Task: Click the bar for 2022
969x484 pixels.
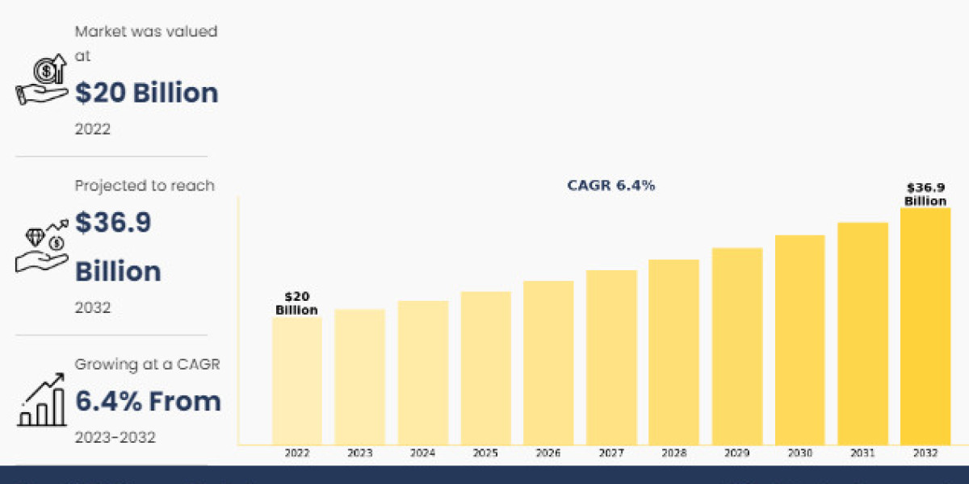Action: tap(296, 380)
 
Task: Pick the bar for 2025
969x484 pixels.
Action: tap(485, 367)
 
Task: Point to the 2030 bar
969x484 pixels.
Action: tap(799, 339)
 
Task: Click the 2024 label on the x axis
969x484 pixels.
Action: tap(422, 453)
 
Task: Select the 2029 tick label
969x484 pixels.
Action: tap(736, 453)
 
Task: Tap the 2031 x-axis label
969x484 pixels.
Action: tap(862, 453)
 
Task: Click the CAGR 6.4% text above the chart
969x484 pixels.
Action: tap(611, 186)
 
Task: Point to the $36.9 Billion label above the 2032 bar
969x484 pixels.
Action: tap(925, 194)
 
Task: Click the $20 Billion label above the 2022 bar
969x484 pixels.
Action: tap(296, 303)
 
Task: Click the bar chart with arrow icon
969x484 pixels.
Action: tap(42, 401)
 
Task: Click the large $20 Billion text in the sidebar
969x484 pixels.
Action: tap(146, 93)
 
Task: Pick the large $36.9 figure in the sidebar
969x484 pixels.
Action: tap(113, 223)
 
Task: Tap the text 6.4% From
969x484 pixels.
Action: tap(148, 401)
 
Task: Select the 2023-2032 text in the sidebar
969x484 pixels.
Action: tap(115, 437)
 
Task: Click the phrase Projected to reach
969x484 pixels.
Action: tap(145, 186)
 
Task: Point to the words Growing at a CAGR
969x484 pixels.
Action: tap(147, 365)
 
